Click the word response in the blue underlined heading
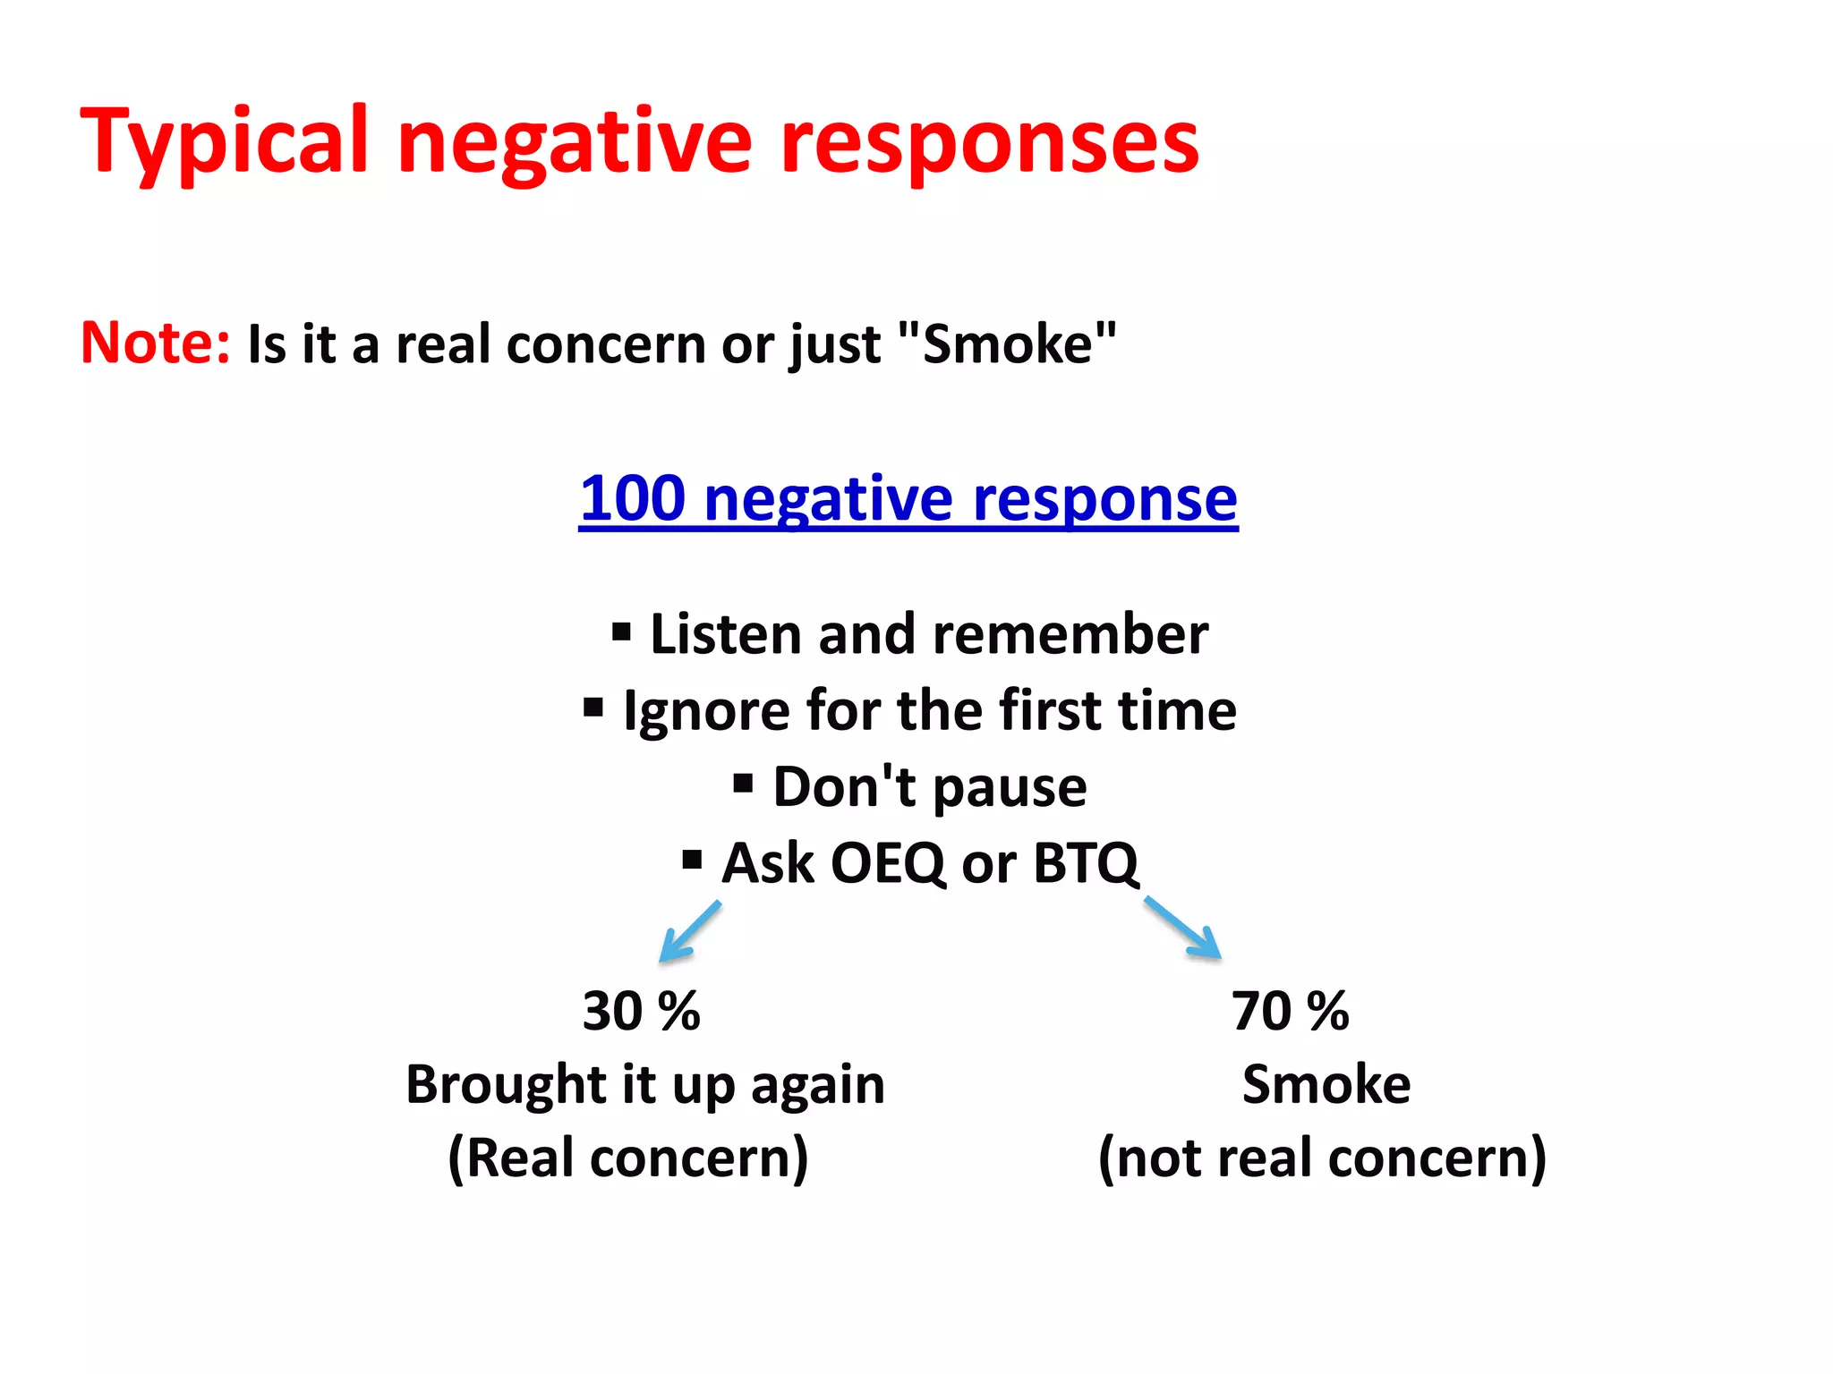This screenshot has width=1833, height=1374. pos(1104,499)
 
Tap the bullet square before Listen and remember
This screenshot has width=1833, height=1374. pos(621,633)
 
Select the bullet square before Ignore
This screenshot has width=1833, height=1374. pos(593,708)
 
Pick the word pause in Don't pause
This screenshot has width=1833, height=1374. pos(1010,788)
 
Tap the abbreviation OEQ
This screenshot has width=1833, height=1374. pos(887,863)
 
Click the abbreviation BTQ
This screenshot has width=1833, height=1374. pos(1085,863)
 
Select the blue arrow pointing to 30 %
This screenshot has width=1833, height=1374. pos(689,931)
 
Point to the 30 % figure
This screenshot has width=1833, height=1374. pos(641,1011)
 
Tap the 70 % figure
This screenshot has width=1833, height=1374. pos(1290,1011)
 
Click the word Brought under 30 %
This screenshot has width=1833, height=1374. pos(506,1085)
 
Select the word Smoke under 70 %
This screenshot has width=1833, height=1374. pos(1326,1085)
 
